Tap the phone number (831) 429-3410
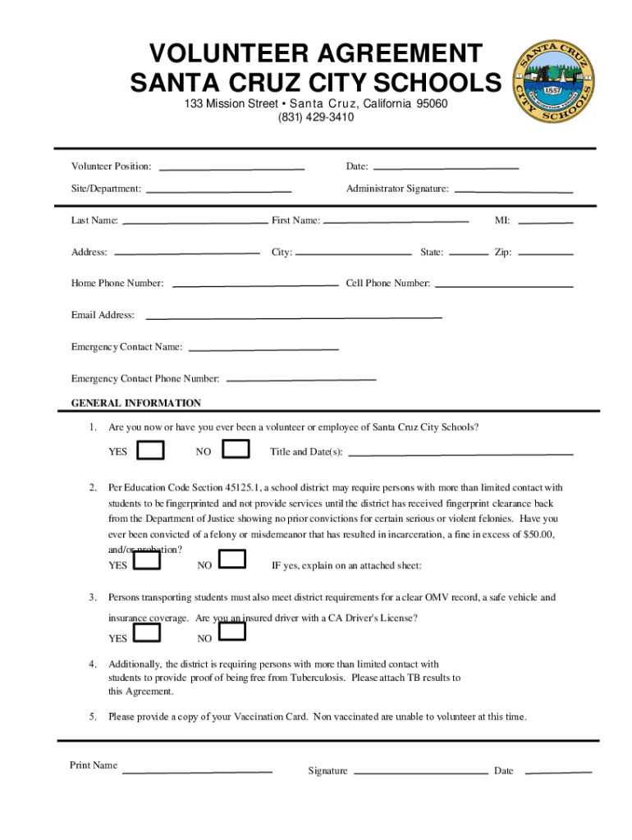click(316, 117)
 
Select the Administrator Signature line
click(514, 190)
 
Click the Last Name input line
click(195, 221)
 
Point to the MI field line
click(547, 221)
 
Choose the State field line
click(469, 253)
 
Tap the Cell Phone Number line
click(503, 285)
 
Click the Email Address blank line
click(293, 317)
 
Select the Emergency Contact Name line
click(263, 349)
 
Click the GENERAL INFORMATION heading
click(136, 404)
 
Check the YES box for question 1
click(150, 451)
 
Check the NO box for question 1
click(236, 450)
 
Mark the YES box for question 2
click(147, 560)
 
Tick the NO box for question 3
click(232, 632)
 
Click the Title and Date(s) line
click(460, 453)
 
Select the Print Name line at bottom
click(197, 771)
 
